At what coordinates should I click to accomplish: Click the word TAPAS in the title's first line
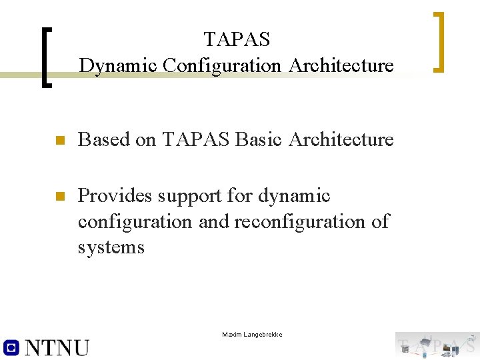(237, 39)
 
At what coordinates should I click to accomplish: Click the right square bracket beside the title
(439, 41)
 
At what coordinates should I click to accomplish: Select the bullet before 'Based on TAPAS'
(59, 141)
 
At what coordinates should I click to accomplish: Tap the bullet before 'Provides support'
(59, 197)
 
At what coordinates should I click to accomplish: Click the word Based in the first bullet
(99, 139)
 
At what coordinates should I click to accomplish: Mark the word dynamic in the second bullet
(294, 196)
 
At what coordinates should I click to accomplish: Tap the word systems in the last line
(111, 247)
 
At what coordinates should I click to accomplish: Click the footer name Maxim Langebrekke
(252, 334)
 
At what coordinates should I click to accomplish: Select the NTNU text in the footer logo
(57, 347)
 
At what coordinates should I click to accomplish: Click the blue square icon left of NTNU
(11, 347)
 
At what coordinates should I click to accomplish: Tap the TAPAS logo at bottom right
(437, 345)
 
